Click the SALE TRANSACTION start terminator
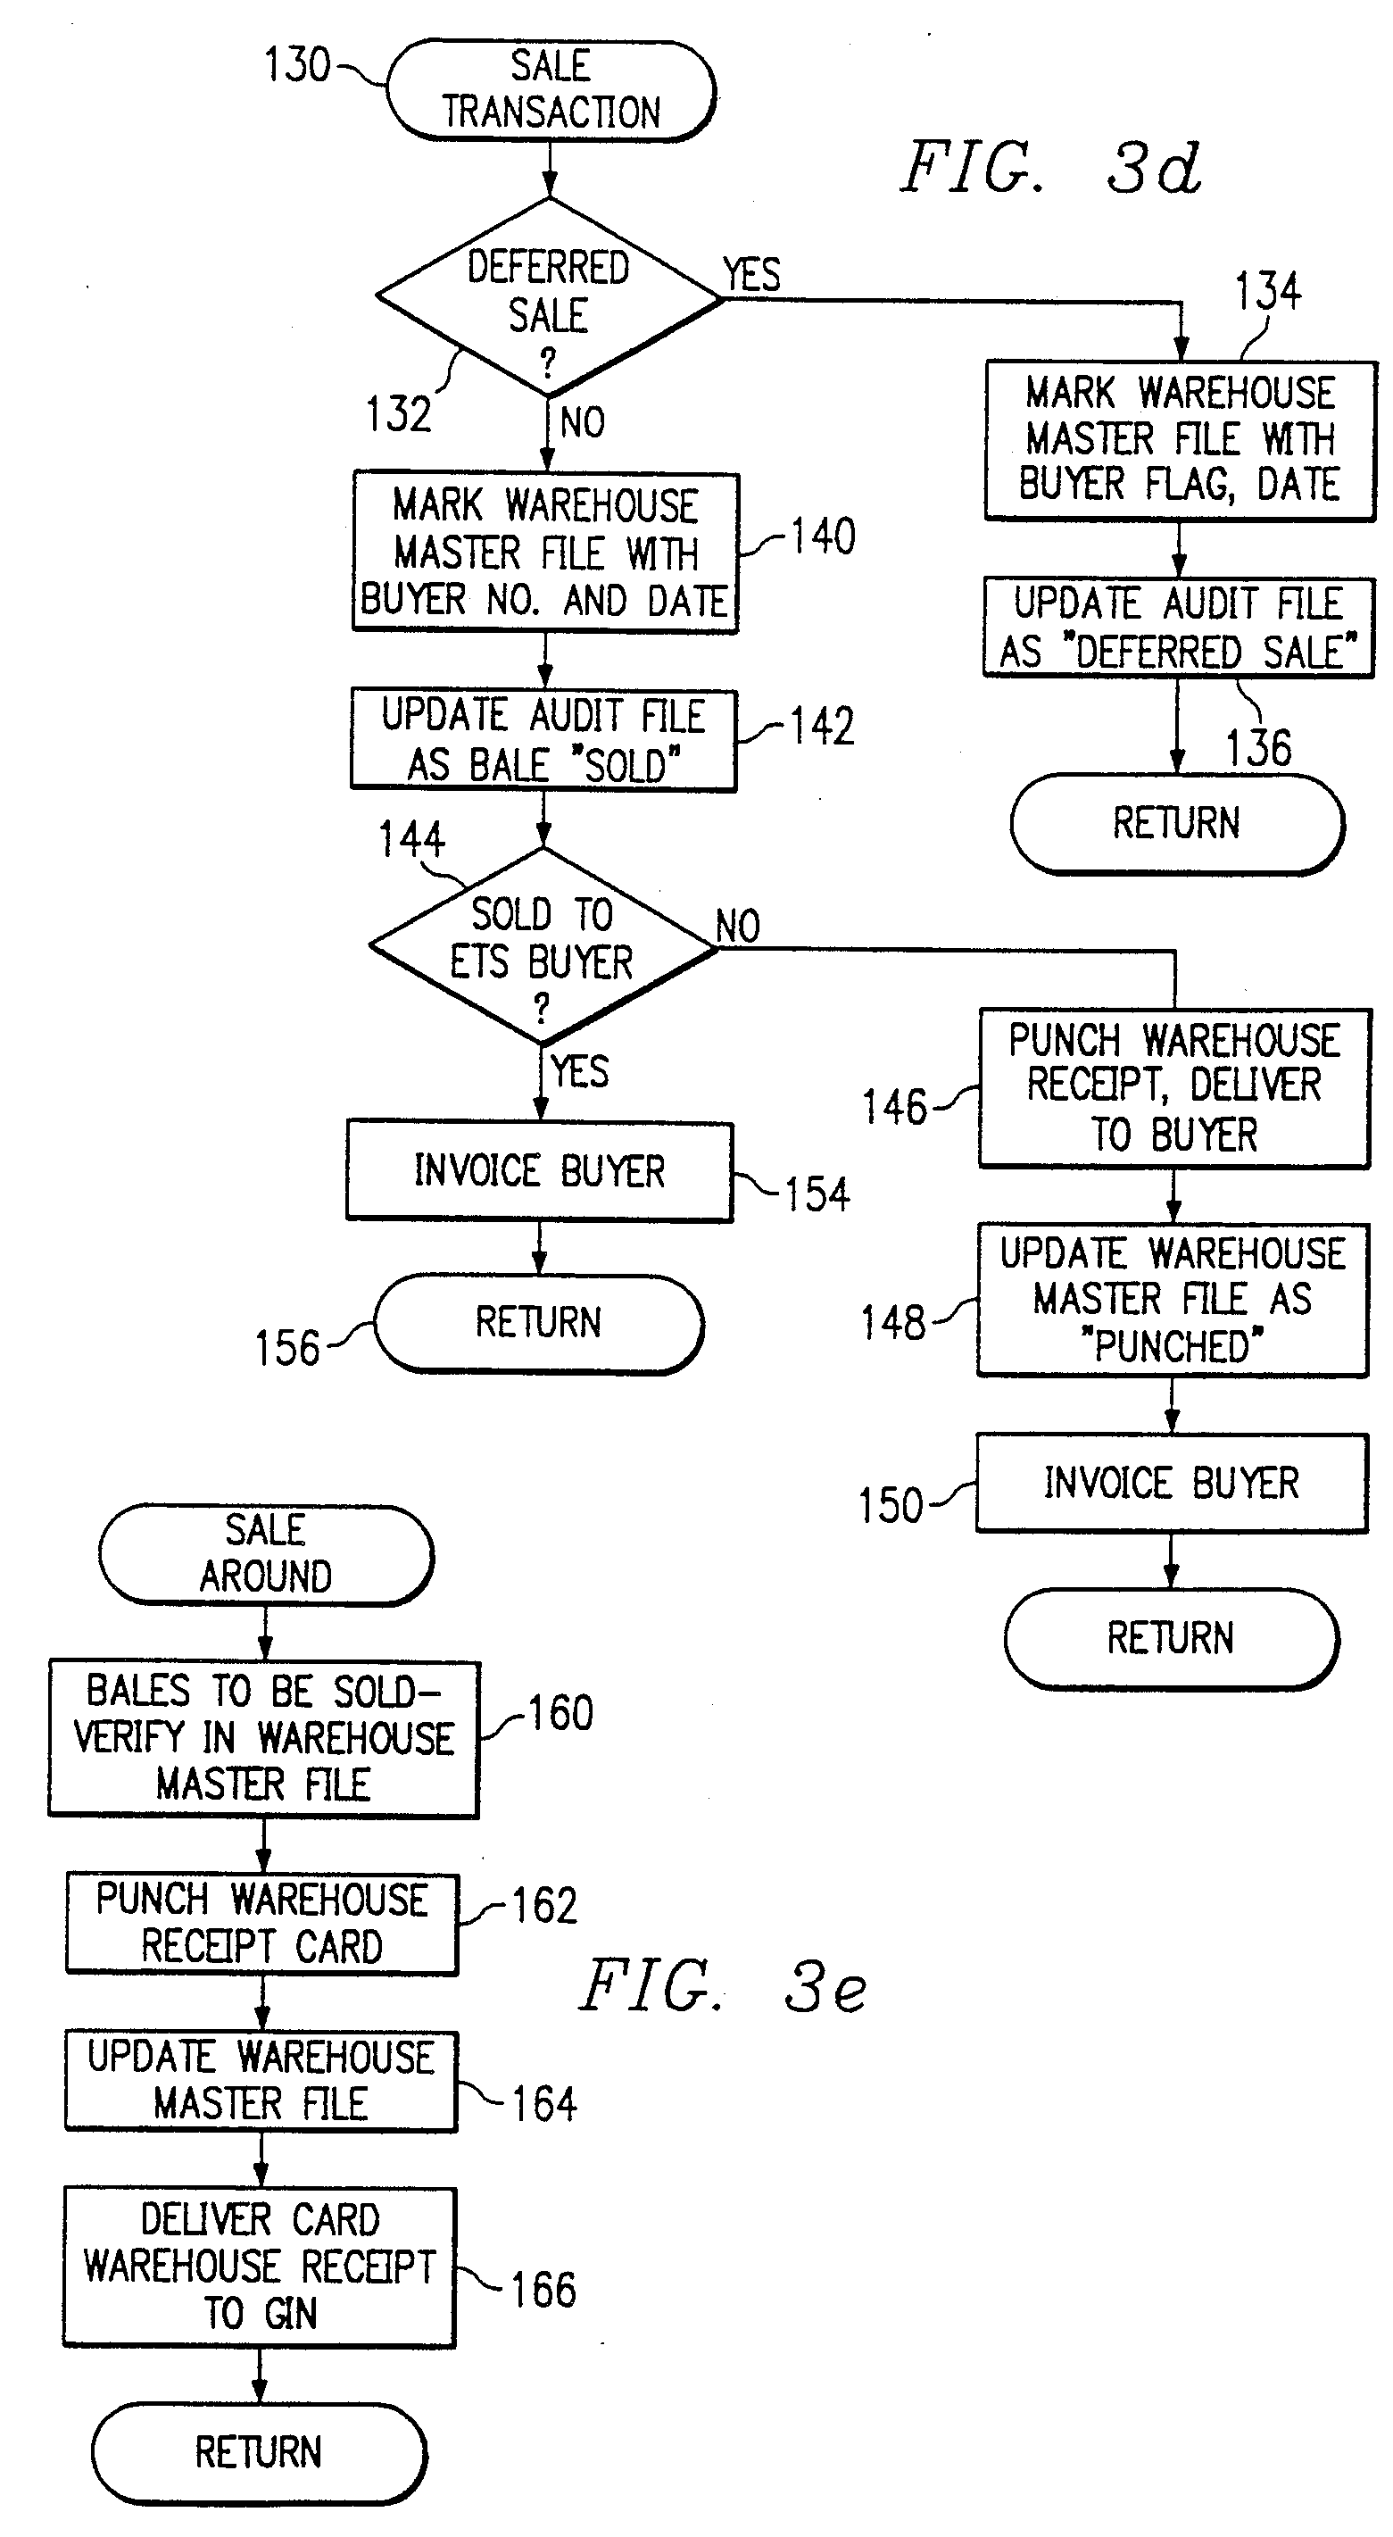click(x=551, y=89)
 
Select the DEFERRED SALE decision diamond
click(x=548, y=297)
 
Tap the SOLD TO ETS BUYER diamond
click(x=543, y=946)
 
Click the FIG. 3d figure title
click(x=1050, y=168)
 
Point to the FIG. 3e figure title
click(x=724, y=1986)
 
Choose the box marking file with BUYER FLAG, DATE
click(x=1180, y=440)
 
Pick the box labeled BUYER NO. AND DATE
click(x=545, y=553)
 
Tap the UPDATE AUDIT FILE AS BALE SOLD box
click(x=543, y=740)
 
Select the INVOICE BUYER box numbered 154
click(x=540, y=1171)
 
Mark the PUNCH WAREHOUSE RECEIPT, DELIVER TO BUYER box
click(x=1173, y=1088)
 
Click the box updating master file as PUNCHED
click(x=1173, y=1300)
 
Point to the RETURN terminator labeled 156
click(x=538, y=1323)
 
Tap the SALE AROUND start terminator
click(x=266, y=1554)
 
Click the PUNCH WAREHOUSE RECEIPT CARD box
click(x=261, y=1924)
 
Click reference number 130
click(x=296, y=66)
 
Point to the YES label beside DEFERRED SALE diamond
click(x=751, y=274)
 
